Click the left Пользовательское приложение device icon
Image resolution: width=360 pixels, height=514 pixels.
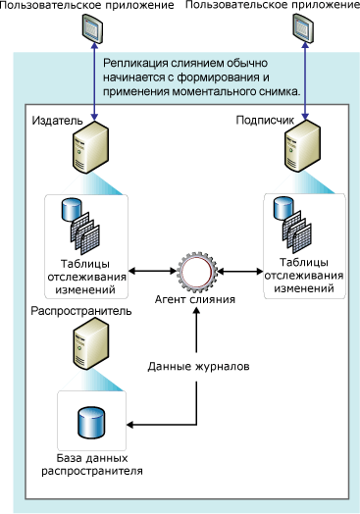coord(91,33)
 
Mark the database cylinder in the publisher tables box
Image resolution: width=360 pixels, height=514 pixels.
coord(70,210)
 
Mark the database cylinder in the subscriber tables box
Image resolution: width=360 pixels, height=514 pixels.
coord(283,207)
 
